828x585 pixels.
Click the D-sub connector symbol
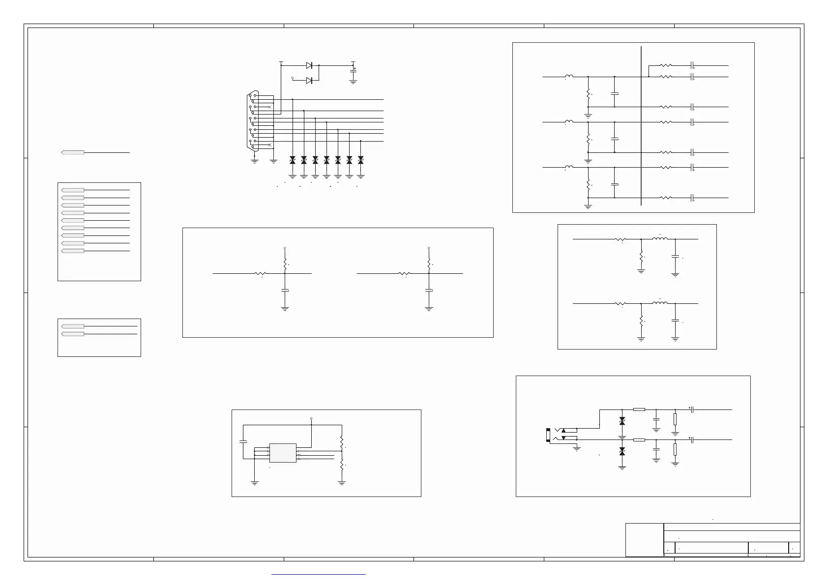click(253, 120)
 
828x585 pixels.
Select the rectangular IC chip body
click(283, 453)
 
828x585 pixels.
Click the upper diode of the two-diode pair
click(309, 65)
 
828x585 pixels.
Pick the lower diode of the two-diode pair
click(309, 81)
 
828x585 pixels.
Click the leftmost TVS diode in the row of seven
click(293, 160)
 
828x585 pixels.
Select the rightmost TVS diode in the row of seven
click(361, 160)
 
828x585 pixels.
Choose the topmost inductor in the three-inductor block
click(569, 76)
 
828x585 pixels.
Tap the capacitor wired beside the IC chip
click(243, 441)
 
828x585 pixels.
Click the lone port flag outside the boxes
click(73, 153)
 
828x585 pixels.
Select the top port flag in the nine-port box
click(73, 190)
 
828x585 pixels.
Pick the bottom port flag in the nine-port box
click(73, 251)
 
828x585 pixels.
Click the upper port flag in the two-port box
click(73, 326)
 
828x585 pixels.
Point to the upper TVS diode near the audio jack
click(622, 421)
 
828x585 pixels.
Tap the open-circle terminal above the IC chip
click(312, 418)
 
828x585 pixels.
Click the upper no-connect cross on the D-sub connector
click(269, 107)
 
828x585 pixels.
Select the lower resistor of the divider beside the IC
click(342, 465)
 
